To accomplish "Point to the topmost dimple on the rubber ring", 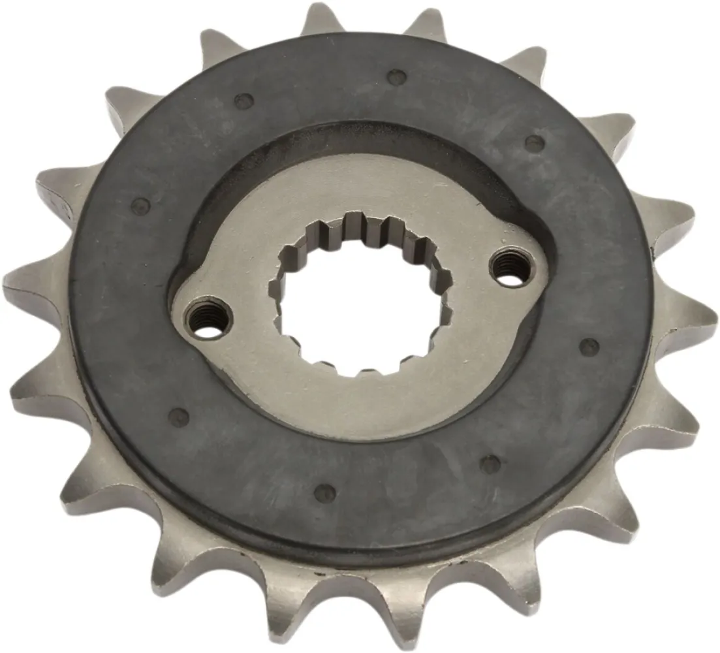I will pyautogui.click(x=395, y=77).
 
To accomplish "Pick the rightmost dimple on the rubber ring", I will pyautogui.click(x=589, y=347).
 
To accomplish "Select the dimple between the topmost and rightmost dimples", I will pyautogui.click(x=534, y=142).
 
